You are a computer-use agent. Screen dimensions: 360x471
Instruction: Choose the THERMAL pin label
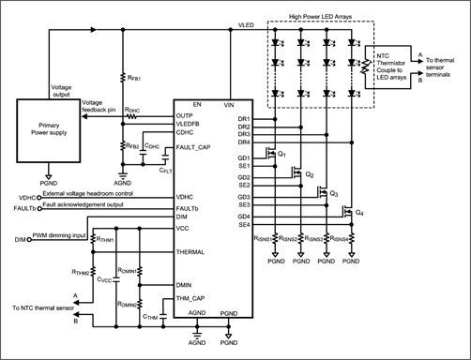(191, 252)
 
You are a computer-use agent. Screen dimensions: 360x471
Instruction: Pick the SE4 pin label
(243, 224)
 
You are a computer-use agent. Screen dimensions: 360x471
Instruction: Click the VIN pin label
(229, 105)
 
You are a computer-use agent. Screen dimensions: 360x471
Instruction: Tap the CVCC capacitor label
(105, 279)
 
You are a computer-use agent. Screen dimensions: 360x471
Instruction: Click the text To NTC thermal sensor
(45, 307)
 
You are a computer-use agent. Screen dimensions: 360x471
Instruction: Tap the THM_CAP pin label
(192, 299)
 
